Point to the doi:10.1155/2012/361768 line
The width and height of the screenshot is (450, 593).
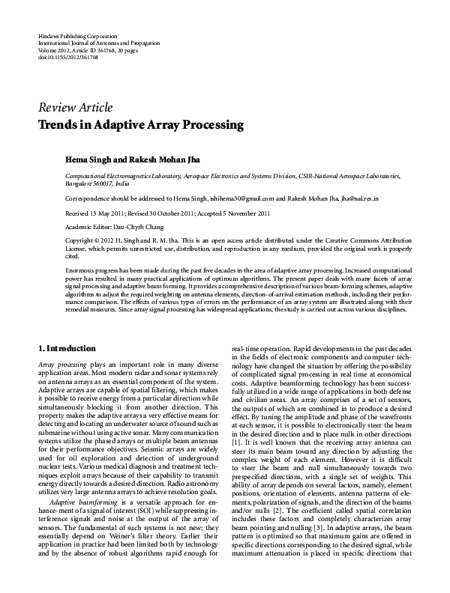[x=67, y=57]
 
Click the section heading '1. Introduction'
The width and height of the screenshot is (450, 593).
[x=66, y=348]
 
